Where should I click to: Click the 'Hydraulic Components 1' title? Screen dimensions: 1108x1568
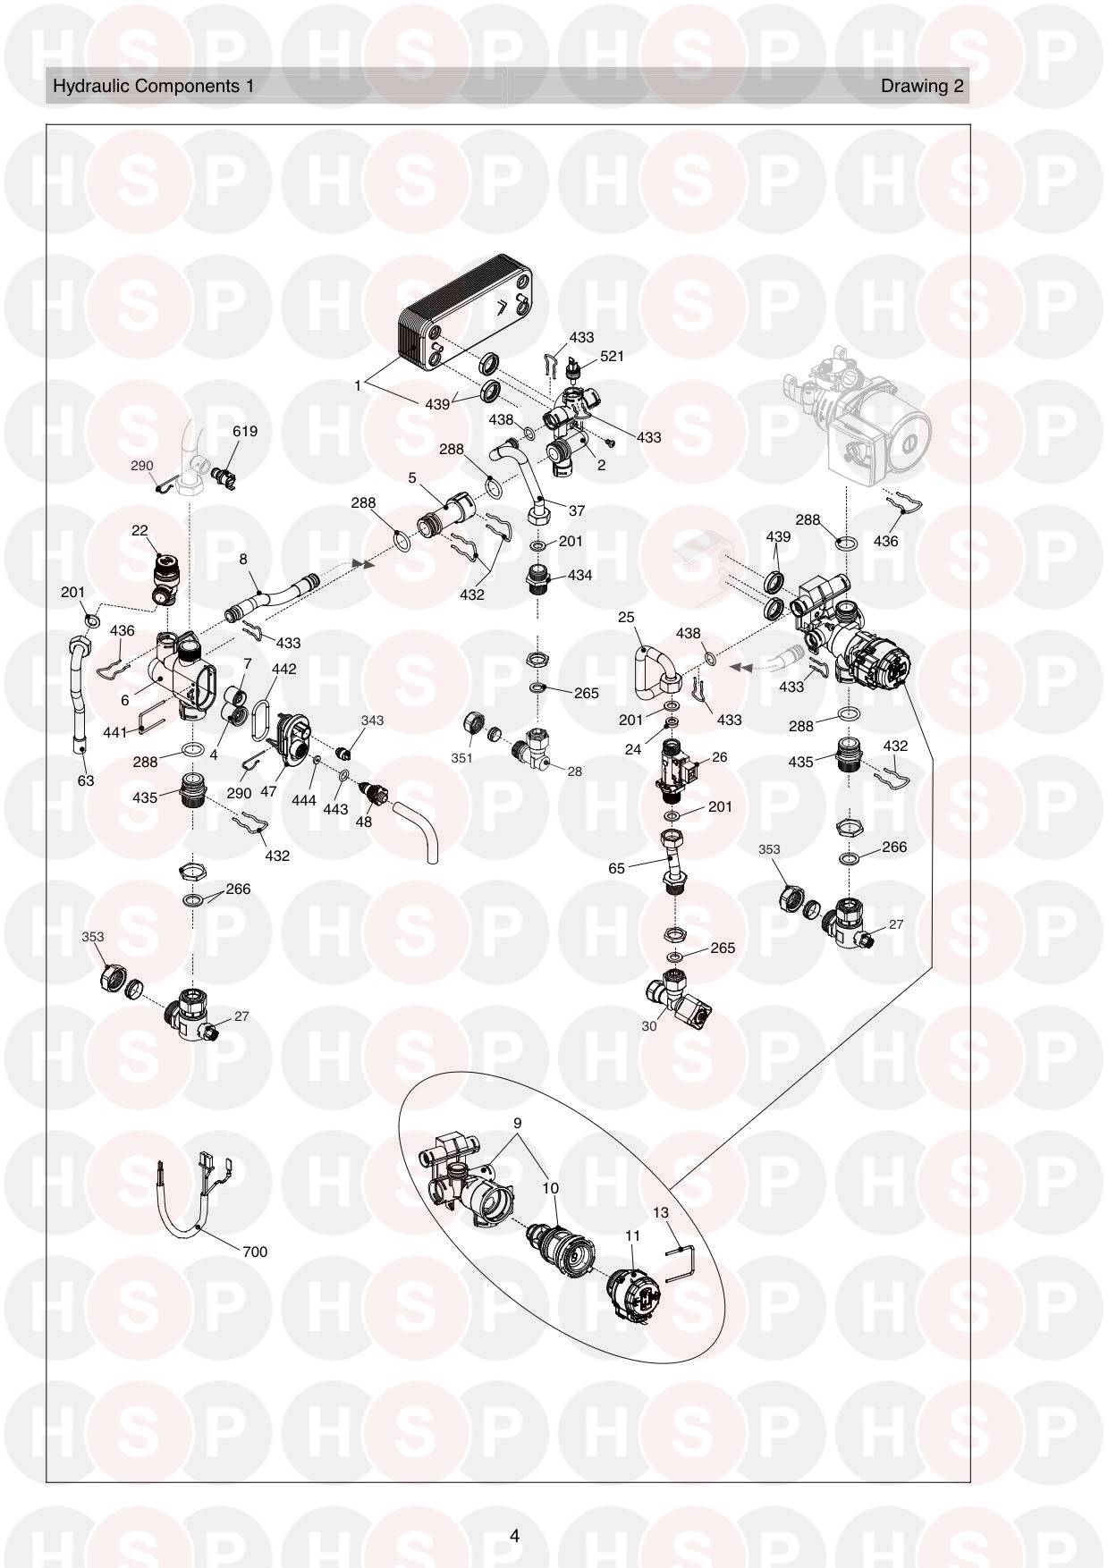point(154,86)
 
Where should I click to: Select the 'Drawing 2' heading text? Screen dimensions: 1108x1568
point(922,86)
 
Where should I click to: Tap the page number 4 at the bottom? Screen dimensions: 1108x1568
point(514,1536)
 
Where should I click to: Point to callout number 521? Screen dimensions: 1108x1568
point(612,356)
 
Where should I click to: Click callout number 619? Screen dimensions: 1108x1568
point(245,431)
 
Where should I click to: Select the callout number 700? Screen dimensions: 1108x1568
point(255,1252)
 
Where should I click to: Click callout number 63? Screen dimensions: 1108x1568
point(85,780)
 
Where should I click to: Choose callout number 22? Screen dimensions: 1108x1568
point(140,530)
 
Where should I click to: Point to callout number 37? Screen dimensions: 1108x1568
point(577,510)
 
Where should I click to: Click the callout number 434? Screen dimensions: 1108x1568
point(579,575)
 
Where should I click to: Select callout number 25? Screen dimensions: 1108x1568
point(626,618)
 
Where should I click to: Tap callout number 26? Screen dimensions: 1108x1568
point(719,756)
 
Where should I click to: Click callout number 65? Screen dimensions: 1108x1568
point(616,867)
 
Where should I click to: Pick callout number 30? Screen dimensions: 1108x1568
point(648,1026)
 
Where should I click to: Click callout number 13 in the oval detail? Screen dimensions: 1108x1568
point(660,1212)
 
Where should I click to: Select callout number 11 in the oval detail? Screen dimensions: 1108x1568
point(632,1235)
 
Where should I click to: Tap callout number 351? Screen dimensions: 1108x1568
point(461,758)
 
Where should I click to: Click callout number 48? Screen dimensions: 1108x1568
point(364,821)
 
